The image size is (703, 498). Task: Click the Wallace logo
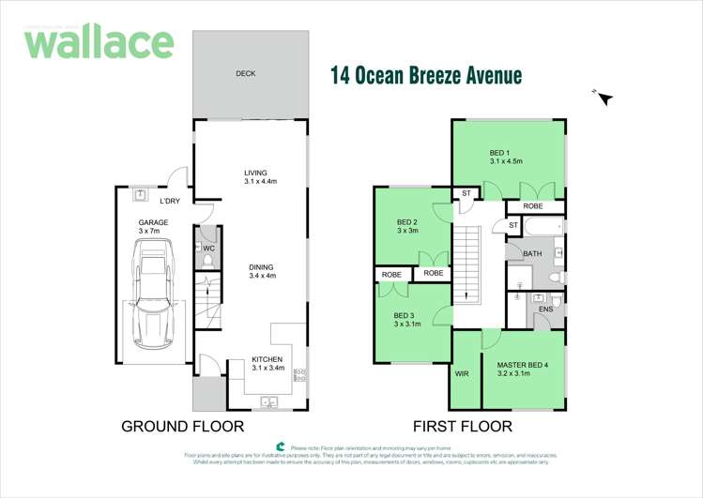pos(99,43)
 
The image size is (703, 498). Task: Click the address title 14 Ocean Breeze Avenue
pos(425,75)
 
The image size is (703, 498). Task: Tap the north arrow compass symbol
pos(604,96)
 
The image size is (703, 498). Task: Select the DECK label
pos(245,74)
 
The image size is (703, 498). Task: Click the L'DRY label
pos(169,202)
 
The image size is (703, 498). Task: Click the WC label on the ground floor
pos(209,249)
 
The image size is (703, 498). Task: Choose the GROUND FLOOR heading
pos(182,427)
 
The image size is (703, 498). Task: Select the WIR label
pos(461,373)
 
